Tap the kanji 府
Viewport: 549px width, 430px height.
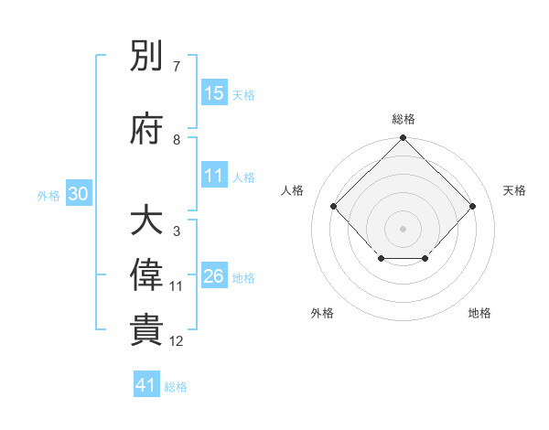tap(146, 129)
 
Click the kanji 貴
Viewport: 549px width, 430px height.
tap(146, 330)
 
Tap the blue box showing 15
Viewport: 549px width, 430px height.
tap(214, 92)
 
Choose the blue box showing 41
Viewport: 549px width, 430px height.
tap(146, 385)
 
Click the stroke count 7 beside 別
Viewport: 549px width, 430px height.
tap(176, 67)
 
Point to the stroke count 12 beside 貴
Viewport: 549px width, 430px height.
tap(176, 341)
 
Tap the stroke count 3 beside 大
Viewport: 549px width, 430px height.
tap(176, 231)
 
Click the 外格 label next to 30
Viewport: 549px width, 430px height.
tap(48, 195)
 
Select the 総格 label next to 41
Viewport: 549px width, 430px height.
tap(176, 387)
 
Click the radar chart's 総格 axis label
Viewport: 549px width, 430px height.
tap(403, 119)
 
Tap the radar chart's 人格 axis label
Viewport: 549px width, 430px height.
tap(292, 189)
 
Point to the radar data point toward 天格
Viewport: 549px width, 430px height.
tap(472, 206)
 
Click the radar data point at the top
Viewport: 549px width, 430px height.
tap(403, 139)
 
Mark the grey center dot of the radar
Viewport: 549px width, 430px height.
tap(403, 228)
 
